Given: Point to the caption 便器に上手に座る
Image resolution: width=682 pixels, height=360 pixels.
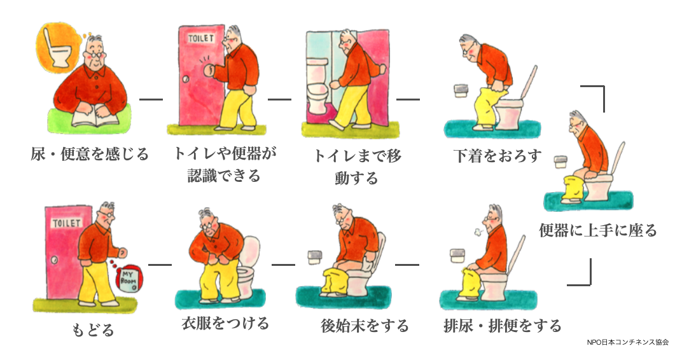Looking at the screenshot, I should (597, 230).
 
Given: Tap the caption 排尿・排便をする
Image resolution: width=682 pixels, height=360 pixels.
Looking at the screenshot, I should (502, 326).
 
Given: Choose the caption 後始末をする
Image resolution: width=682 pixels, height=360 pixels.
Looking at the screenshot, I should (365, 326).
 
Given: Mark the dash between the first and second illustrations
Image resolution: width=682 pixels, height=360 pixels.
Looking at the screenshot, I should (151, 99).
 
